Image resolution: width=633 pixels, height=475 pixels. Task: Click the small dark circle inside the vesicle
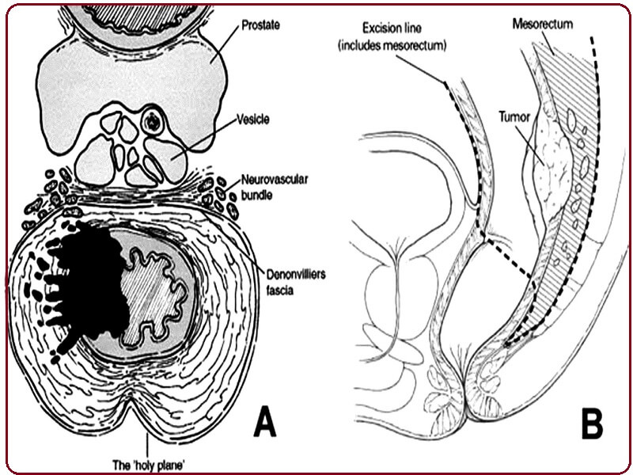tap(153, 122)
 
